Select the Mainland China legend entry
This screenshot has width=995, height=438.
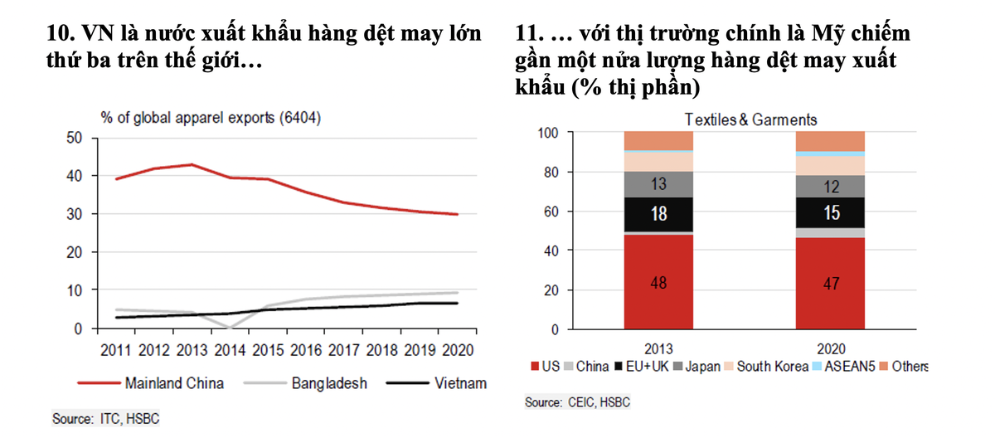click(x=150, y=383)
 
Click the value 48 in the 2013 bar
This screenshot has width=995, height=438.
click(x=658, y=283)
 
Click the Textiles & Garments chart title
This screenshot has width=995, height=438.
click(x=750, y=120)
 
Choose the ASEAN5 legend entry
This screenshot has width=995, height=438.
click(x=842, y=366)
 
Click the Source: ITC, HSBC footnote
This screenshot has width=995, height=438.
click(x=105, y=419)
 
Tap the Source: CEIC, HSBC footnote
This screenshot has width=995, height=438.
click(x=577, y=402)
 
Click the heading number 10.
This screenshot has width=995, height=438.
click(x=61, y=34)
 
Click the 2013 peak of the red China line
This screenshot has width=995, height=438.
click(x=192, y=164)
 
